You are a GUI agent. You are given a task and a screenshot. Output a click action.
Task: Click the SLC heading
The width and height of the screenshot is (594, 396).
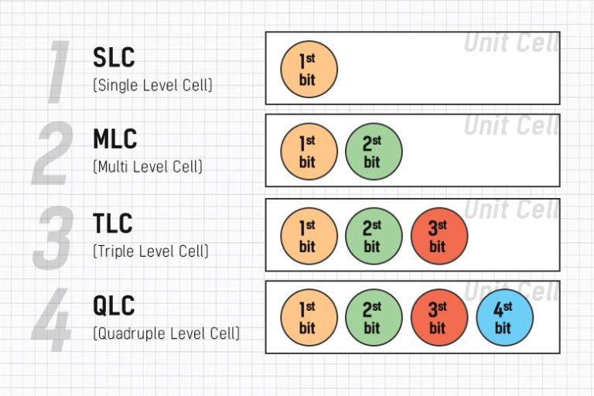click(114, 57)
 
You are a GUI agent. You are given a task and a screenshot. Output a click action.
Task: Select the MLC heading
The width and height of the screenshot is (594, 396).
click(115, 139)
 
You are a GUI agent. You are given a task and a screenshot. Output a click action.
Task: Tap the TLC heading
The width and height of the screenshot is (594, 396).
click(113, 224)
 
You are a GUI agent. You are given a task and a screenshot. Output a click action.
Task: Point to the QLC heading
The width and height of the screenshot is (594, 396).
click(114, 306)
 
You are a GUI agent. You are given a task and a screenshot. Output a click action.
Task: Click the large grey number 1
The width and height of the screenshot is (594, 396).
click(59, 73)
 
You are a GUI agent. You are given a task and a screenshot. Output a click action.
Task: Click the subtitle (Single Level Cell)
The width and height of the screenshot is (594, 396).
click(152, 85)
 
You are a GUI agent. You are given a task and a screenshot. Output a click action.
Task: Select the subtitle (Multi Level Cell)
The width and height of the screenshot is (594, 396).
click(148, 166)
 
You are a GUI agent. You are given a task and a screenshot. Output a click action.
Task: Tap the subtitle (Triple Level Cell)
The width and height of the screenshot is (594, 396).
click(151, 251)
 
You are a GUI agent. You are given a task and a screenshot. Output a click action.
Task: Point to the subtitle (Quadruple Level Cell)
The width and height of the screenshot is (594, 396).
click(166, 333)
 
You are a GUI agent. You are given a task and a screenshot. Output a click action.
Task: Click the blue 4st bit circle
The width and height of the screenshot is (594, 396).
click(504, 317)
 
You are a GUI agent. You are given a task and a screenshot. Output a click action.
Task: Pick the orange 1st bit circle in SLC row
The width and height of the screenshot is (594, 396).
click(309, 69)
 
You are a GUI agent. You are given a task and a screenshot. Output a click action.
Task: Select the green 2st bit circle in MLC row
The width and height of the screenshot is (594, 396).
click(374, 152)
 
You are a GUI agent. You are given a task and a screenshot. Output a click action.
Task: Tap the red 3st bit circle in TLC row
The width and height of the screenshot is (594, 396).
click(439, 236)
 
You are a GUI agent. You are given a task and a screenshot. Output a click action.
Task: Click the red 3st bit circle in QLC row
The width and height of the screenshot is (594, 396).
click(439, 317)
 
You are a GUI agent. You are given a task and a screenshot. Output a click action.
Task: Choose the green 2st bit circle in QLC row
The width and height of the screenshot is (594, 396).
click(374, 317)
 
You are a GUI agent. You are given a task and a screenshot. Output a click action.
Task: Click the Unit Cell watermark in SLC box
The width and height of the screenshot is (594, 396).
click(510, 43)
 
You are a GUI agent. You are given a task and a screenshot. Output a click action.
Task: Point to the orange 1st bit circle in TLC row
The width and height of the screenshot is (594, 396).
click(309, 236)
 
